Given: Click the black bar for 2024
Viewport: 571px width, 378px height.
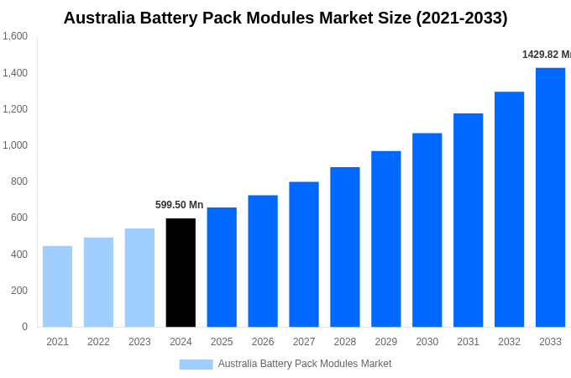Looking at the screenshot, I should pos(181,272).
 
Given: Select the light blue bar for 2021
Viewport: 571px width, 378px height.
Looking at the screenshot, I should pos(57,286).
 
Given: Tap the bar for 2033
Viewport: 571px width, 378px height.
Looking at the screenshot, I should pos(550,197).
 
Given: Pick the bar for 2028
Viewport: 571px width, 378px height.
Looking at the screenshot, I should pos(344,247).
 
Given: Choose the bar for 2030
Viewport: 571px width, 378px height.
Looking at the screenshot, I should pos(427,230).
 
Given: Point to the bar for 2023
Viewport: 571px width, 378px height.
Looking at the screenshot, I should pos(139,277).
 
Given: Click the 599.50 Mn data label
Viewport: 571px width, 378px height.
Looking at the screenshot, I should pos(179,205).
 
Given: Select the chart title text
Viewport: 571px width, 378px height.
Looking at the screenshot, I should pos(285,18).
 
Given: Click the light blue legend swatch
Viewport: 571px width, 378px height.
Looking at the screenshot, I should pos(196,364).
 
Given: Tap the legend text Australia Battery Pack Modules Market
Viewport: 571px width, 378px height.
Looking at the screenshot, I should pos(305,364).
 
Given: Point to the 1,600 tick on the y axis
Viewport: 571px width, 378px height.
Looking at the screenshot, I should pos(15,36).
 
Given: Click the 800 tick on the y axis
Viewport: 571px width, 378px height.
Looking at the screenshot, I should pos(19,181).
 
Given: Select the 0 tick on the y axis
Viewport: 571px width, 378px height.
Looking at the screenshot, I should pos(24,327).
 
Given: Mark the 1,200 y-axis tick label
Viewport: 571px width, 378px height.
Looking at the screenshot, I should pos(15,109).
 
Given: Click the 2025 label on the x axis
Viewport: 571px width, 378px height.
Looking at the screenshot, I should pos(222,342).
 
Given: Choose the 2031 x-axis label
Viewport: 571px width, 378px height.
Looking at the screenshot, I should pos(468,342).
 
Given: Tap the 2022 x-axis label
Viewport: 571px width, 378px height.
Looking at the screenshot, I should pos(98,342).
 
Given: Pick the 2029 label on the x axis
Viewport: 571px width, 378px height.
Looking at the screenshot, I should pos(385,342).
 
